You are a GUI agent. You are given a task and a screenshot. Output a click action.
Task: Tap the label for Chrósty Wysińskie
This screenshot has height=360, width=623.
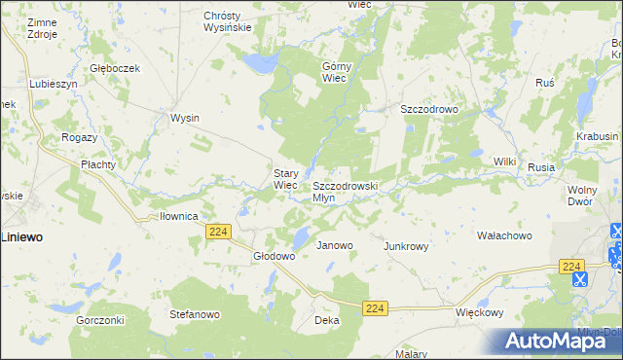(228, 21)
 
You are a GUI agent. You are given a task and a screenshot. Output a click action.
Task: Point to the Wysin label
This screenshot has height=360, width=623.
(185, 118)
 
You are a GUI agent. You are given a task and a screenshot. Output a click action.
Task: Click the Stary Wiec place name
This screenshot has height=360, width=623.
(285, 179)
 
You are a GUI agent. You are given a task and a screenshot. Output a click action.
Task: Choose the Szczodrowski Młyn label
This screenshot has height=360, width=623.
(344, 191)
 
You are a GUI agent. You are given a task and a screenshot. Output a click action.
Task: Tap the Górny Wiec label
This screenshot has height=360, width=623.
(336, 72)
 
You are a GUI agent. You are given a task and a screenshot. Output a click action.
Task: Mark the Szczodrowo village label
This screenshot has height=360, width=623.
(429, 110)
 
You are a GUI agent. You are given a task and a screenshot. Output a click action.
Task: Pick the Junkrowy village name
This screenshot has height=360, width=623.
(407, 246)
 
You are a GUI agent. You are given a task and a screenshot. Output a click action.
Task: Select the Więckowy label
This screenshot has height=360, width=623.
(480, 313)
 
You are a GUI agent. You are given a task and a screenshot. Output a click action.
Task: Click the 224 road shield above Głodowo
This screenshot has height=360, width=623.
(218, 230)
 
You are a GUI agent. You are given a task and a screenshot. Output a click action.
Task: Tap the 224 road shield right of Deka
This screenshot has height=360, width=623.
(377, 307)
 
